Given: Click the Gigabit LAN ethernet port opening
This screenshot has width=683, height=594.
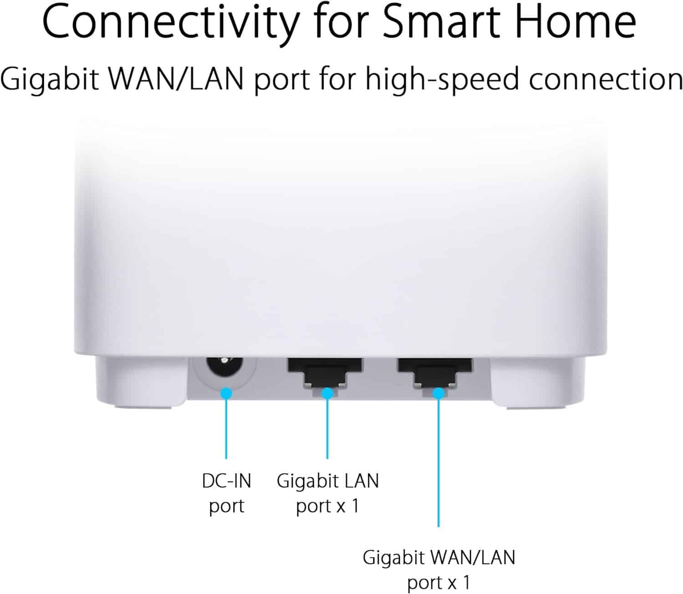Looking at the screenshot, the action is pos(325,373).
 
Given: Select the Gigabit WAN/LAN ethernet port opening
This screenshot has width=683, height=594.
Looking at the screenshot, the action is pos(434,373).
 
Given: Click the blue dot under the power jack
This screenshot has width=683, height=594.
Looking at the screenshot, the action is pos(226,393).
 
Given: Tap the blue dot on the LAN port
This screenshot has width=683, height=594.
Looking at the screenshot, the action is pos(327,393).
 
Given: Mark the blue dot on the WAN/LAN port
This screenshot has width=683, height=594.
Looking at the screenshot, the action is pos(438,393).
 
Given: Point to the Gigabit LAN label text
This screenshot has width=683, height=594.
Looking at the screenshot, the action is pos(328,493).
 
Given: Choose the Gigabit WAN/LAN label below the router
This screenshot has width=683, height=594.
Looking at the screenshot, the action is pos(438,570).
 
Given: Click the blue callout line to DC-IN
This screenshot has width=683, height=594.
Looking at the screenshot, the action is pos(226,429).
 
